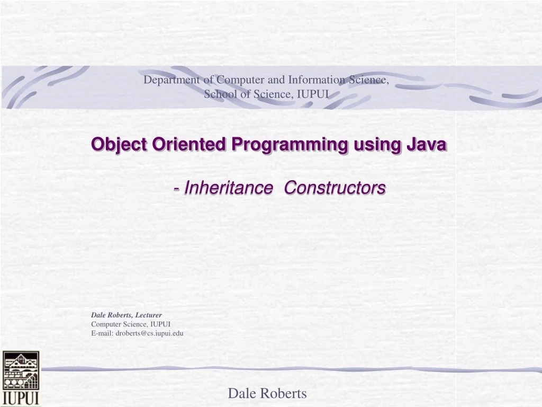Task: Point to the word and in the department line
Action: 277,81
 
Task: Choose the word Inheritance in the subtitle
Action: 225,188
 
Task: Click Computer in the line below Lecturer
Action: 106,324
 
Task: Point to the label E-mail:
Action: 102,333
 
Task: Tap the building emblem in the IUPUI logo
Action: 21,370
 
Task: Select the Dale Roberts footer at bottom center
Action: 267,393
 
